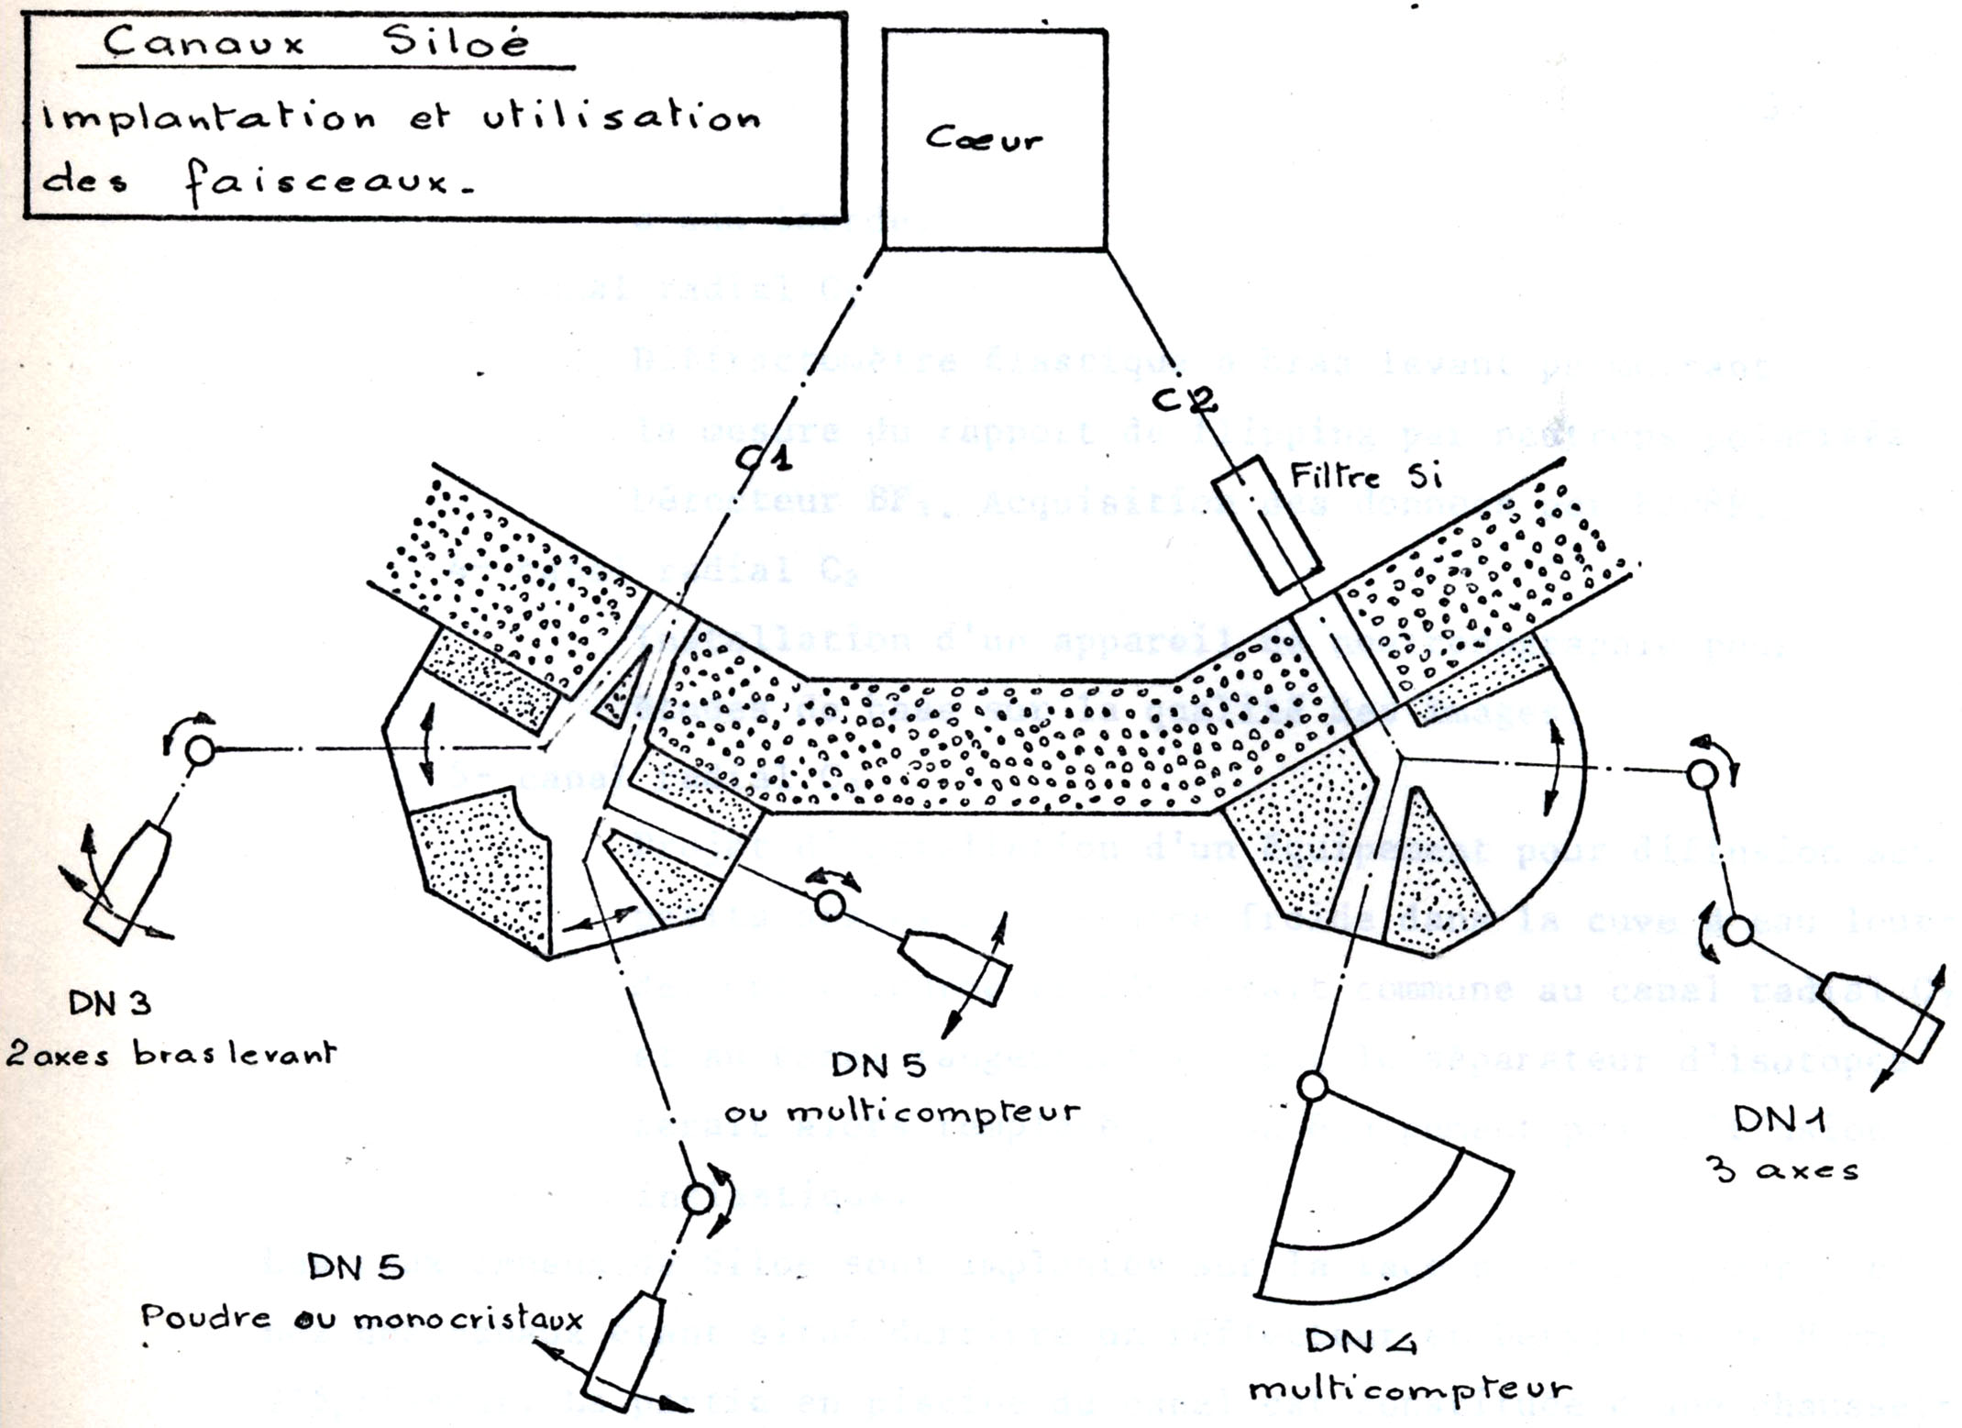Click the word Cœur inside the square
pos(984,139)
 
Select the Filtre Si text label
pos(1366,477)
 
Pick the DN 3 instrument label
pos(109,1003)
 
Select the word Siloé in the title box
pos(458,42)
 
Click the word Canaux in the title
pos(203,42)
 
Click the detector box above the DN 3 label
pos(127,884)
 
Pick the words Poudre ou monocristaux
pos(361,1319)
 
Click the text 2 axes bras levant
pos(171,1055)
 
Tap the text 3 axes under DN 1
pos(1780,1168)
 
